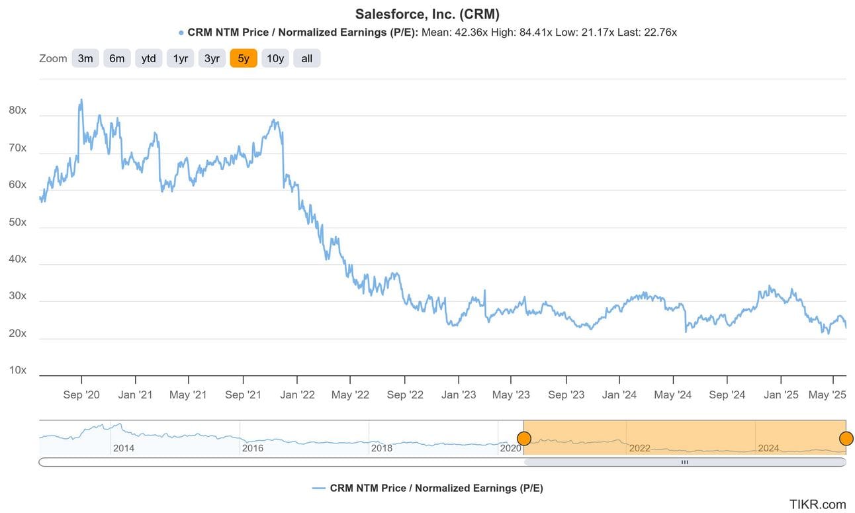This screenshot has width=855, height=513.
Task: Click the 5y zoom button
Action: tap(244, 58)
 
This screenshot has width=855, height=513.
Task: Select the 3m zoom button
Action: tap(85, 58)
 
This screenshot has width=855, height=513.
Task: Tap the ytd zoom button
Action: tap(149, 58)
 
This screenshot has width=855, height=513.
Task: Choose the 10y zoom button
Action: tap(275, 58)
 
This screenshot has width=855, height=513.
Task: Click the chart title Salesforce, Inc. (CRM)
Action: tap(427, 14)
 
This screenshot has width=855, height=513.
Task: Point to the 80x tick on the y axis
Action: tap(17, 111)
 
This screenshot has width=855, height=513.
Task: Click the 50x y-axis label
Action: tap(17, 222)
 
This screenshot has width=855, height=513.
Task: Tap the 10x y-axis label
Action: tap(17, 370)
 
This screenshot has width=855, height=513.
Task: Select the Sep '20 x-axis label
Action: tap(81, 395)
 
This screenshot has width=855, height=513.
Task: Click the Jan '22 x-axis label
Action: tap(297, 395)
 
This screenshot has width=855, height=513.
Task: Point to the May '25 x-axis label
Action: tap(828, 395)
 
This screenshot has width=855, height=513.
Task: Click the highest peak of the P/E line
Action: tap(81, 100)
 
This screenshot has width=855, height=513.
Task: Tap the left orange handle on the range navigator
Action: tap(523, 438)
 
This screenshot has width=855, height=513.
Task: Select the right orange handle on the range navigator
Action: tap(846, 438)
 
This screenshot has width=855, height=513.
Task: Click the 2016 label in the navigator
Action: tap(253, 448)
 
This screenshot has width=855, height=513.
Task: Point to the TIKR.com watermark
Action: tap(817, 504)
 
